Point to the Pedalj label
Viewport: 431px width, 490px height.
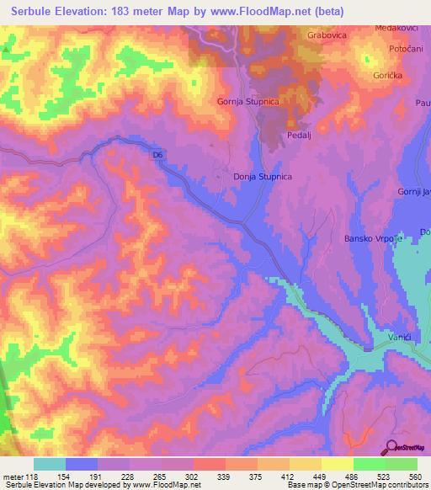click(300, 134)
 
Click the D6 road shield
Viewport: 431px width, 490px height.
click(157, 155)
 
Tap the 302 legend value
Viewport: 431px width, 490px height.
click(194, 477)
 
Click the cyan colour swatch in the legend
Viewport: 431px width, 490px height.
click(50, 464)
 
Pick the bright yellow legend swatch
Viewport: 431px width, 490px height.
click(338, 464)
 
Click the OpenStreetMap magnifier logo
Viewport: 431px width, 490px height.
click(390, 447)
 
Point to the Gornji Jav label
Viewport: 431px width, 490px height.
click(414, 192)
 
